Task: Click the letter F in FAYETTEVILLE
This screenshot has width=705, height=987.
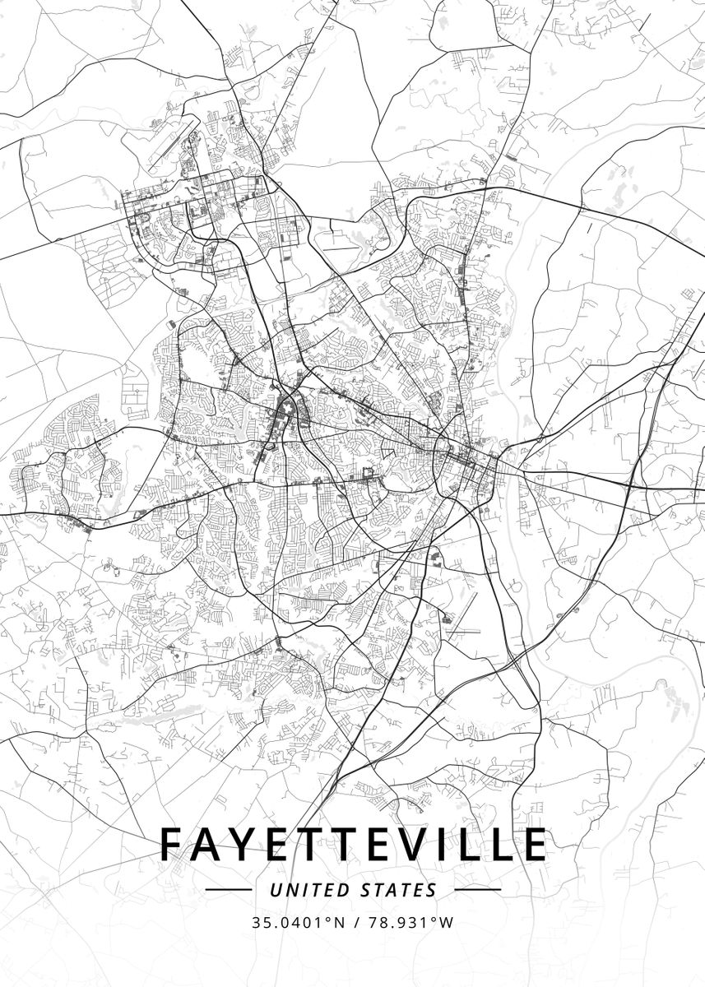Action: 173,845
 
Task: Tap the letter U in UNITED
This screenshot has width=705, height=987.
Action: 275,890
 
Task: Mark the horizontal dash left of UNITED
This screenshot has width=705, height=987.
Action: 228,890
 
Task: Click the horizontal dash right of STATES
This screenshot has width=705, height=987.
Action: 477,890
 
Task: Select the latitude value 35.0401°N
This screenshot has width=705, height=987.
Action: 299,922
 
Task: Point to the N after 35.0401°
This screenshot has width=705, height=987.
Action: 339,922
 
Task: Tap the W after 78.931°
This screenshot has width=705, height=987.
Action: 446,922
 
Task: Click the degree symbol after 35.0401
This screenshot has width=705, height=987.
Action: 328,918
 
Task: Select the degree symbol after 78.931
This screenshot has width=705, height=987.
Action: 434,918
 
